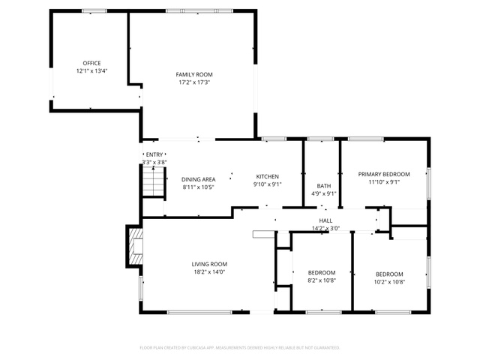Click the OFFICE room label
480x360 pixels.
[91, 63]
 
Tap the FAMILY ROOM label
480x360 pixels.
[194, 74]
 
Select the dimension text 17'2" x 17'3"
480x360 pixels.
[194, 82]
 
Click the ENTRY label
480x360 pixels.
[154, 154]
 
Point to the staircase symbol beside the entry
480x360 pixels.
[154, 181]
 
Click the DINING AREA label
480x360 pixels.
[198, 179]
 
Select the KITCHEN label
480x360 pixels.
[268, 177]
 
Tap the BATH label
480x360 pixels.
[324, 186]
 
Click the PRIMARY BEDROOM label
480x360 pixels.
[384, 174]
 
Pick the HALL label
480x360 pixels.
[325, 220]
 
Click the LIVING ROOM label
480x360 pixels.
[209, 264]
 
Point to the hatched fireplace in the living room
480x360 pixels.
[136, 247]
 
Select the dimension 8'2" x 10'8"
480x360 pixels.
[322, 280]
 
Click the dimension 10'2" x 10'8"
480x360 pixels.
[389, 282]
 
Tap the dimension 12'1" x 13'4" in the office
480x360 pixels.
[91, 71]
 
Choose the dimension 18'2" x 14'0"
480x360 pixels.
[209, 271]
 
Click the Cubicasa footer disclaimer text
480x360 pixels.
[240, 348]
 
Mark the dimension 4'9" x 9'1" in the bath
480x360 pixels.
[324, 193]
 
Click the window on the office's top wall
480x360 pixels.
[94, 11]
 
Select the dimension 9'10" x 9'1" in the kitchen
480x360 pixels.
[268, 184]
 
